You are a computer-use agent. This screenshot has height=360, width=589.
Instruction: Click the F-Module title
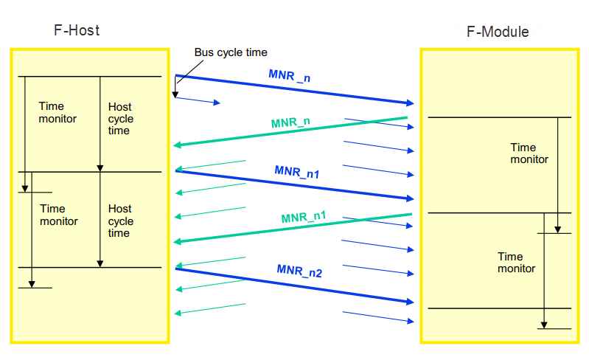pyautogui.click(x=498, y=32)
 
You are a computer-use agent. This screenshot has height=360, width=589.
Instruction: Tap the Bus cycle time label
pyautogui.click(x=231, y=52)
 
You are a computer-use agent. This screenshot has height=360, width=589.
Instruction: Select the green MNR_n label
pyautogui.click(x=290, y=122)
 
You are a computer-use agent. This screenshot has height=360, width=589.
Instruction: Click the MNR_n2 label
pyautogui.click(x=299, y=271)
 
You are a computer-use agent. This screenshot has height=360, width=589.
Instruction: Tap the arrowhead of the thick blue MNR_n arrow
pyautogui.click(x=410, y=103)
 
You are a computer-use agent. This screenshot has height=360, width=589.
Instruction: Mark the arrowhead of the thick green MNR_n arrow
pyautogui.click(x=177, y=145)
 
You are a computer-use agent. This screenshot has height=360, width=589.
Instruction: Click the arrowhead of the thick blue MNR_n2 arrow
pyautogui.click(x=410, y=302)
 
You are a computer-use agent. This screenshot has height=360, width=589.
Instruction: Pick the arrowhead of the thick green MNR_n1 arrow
pyautogui.click(x=177, y=241)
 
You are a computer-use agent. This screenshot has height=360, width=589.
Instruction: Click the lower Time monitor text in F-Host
pyautogui.click(x=59, y=215)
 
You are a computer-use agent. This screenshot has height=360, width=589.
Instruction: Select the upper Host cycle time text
pyautogui.click(x=121, y=119)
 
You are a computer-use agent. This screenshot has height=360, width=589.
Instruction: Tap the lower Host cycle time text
pyautogui.click(x=121, y=221)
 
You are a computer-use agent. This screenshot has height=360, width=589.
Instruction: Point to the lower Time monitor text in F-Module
pyautogui.click(x=517, y=263)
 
